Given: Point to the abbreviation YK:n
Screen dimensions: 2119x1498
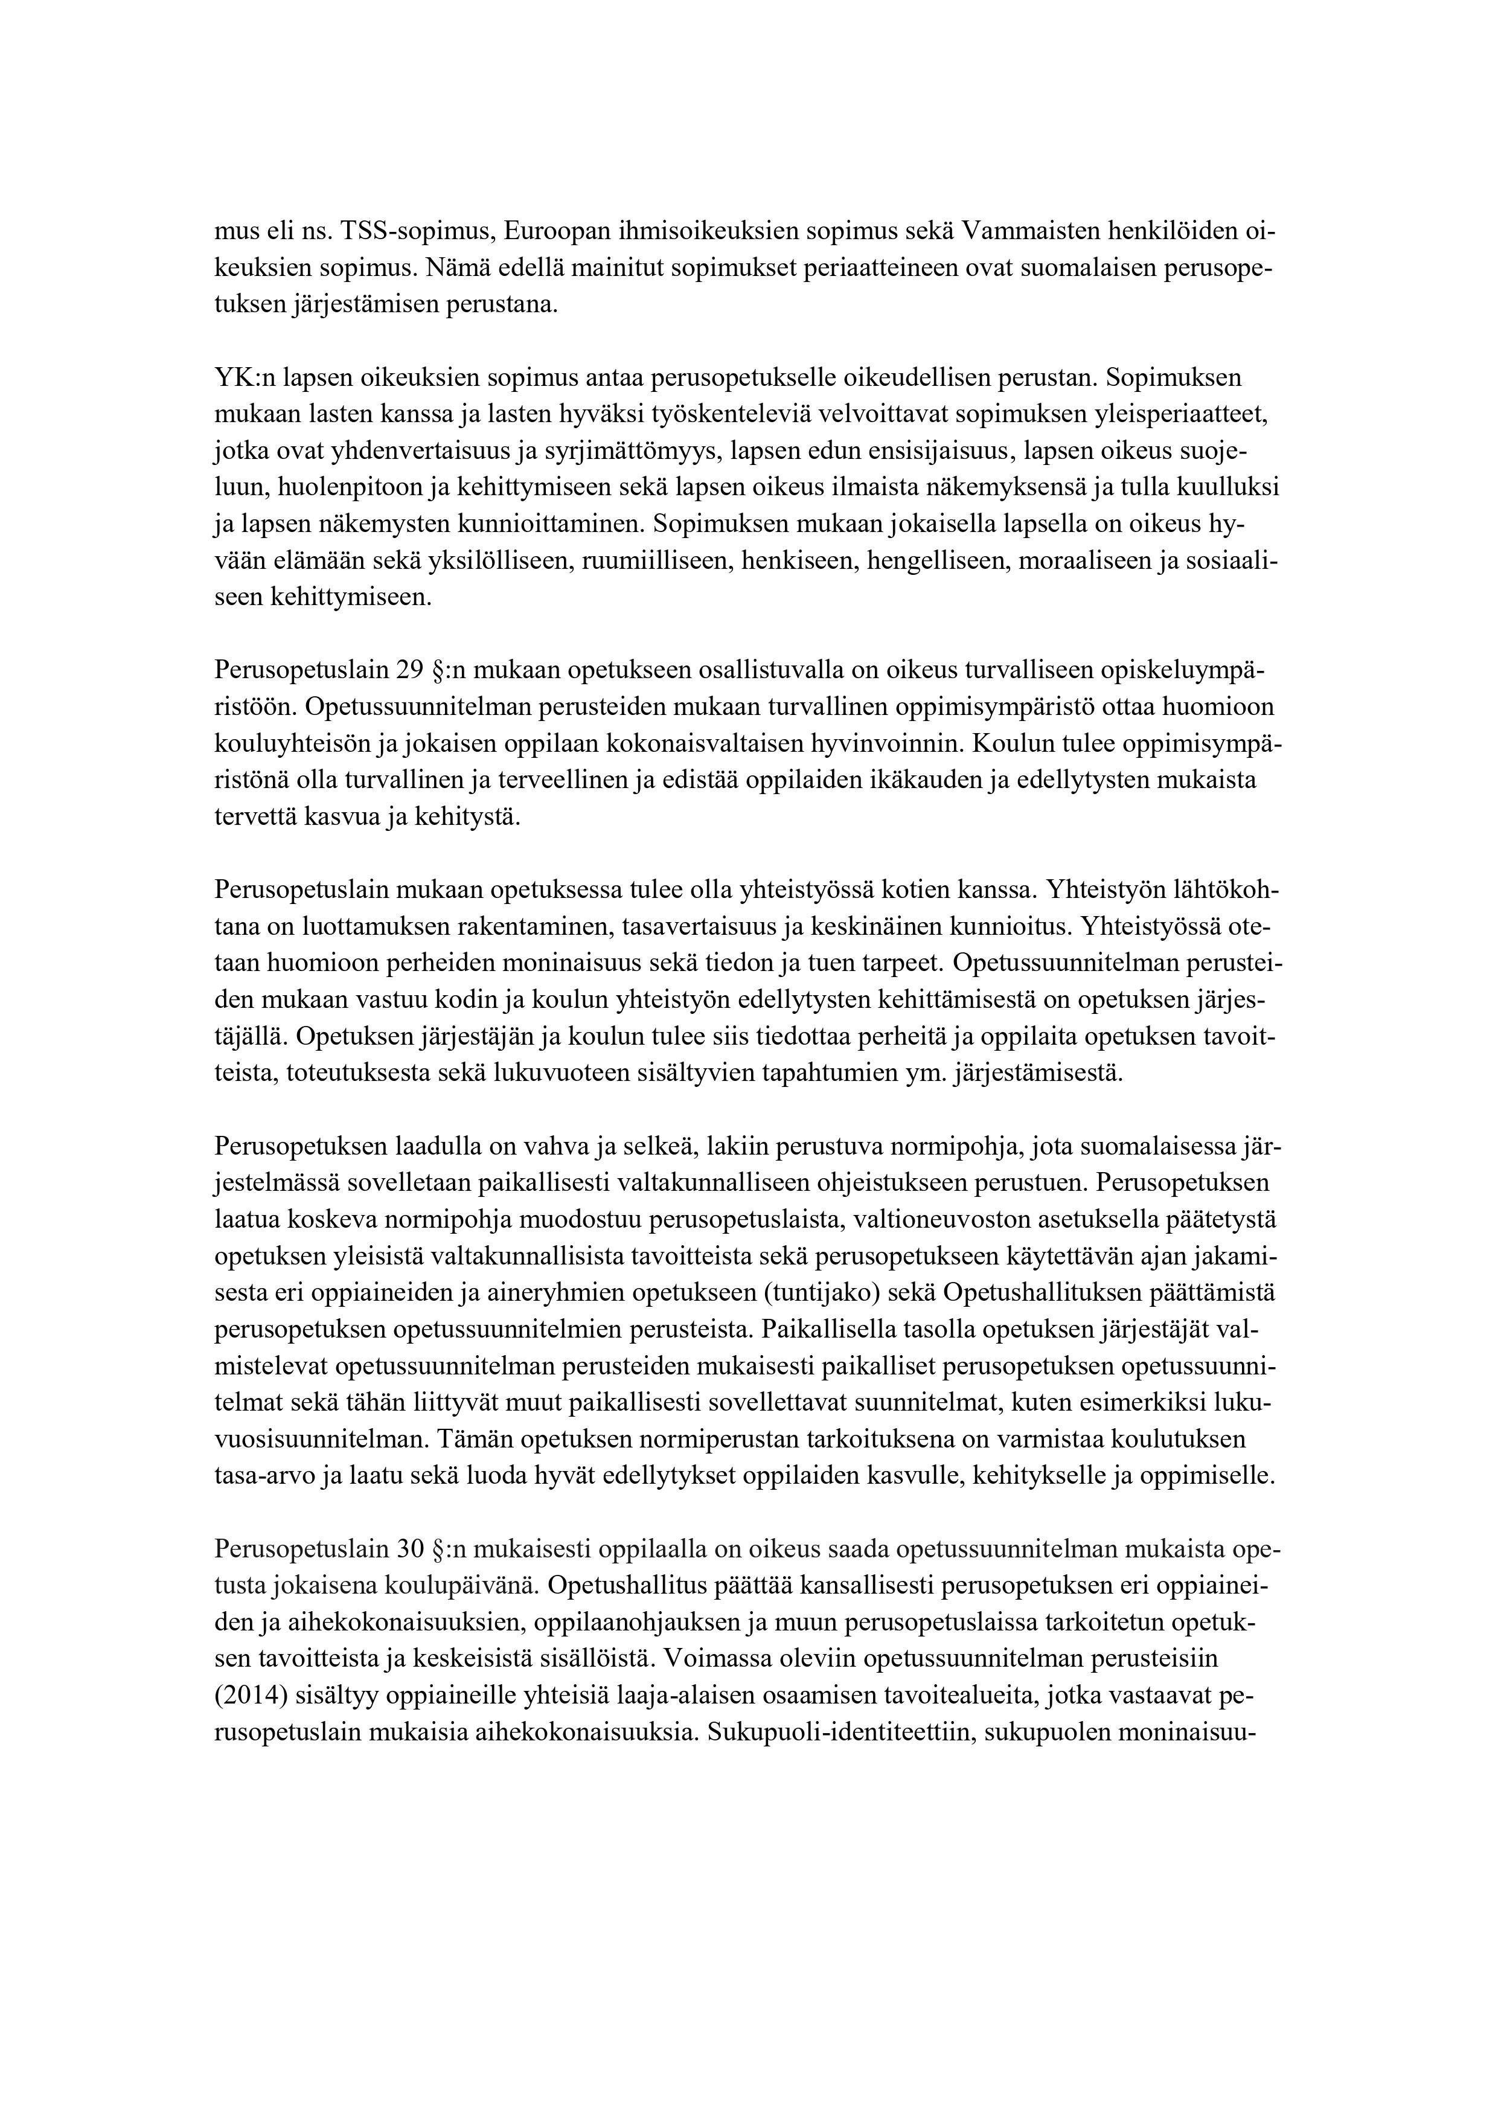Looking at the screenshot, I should [245, 379].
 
